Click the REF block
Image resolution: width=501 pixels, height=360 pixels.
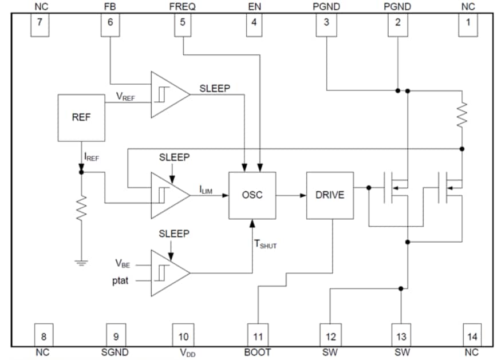(81, 118)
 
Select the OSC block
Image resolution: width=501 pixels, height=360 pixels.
(252, 195)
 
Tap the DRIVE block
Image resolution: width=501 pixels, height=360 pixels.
(330, 195)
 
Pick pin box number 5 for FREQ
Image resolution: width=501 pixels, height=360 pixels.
(182, 25)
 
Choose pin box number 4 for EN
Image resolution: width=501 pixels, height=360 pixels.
(254, 25)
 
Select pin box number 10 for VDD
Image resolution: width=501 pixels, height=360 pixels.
(183, 336)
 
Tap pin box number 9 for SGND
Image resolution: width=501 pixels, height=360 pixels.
(116, 336)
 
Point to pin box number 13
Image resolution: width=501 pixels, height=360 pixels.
(401, 336)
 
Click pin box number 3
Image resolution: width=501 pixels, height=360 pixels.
(326, 25)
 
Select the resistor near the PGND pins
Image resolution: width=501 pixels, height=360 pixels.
(462, 114)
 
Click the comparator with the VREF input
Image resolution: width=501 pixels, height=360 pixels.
(169, 94)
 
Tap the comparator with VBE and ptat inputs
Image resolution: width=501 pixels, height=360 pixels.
(169, 272)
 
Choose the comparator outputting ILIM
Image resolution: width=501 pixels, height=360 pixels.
(169, 195)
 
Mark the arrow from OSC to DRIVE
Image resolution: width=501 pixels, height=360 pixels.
(291, 195)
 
